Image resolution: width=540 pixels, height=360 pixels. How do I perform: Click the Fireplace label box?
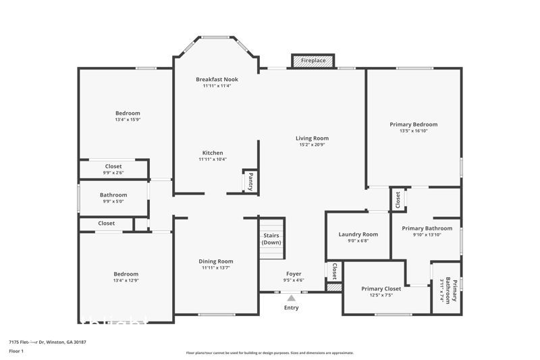pos(313,61)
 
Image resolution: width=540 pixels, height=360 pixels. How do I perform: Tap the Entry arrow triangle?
pos(291,297)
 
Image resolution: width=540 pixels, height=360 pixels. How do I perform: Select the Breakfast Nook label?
pos(217,79)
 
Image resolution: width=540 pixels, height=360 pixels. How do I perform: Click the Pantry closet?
pos(250,181)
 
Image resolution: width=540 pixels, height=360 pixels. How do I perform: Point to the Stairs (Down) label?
pos(271,238)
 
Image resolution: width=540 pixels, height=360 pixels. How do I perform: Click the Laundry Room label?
pos(358,234)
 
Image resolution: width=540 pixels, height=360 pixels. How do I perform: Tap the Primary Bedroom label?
pos(413,124)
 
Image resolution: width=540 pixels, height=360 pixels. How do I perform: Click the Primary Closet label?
pos(381,288)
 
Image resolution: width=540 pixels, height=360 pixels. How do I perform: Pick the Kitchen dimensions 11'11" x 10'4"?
pos(213,159)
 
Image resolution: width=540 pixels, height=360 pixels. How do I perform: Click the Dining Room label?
pos(216,261)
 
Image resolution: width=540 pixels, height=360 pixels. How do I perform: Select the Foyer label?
pos(294,274)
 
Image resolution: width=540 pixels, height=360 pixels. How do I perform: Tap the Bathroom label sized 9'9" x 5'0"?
pos(113,195)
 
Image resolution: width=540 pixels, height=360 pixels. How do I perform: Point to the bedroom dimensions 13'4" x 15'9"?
pos(127,120)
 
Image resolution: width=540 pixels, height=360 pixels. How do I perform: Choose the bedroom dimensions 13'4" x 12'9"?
pos(126,280)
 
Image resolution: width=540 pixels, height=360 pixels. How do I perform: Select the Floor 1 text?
pos(17,352)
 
